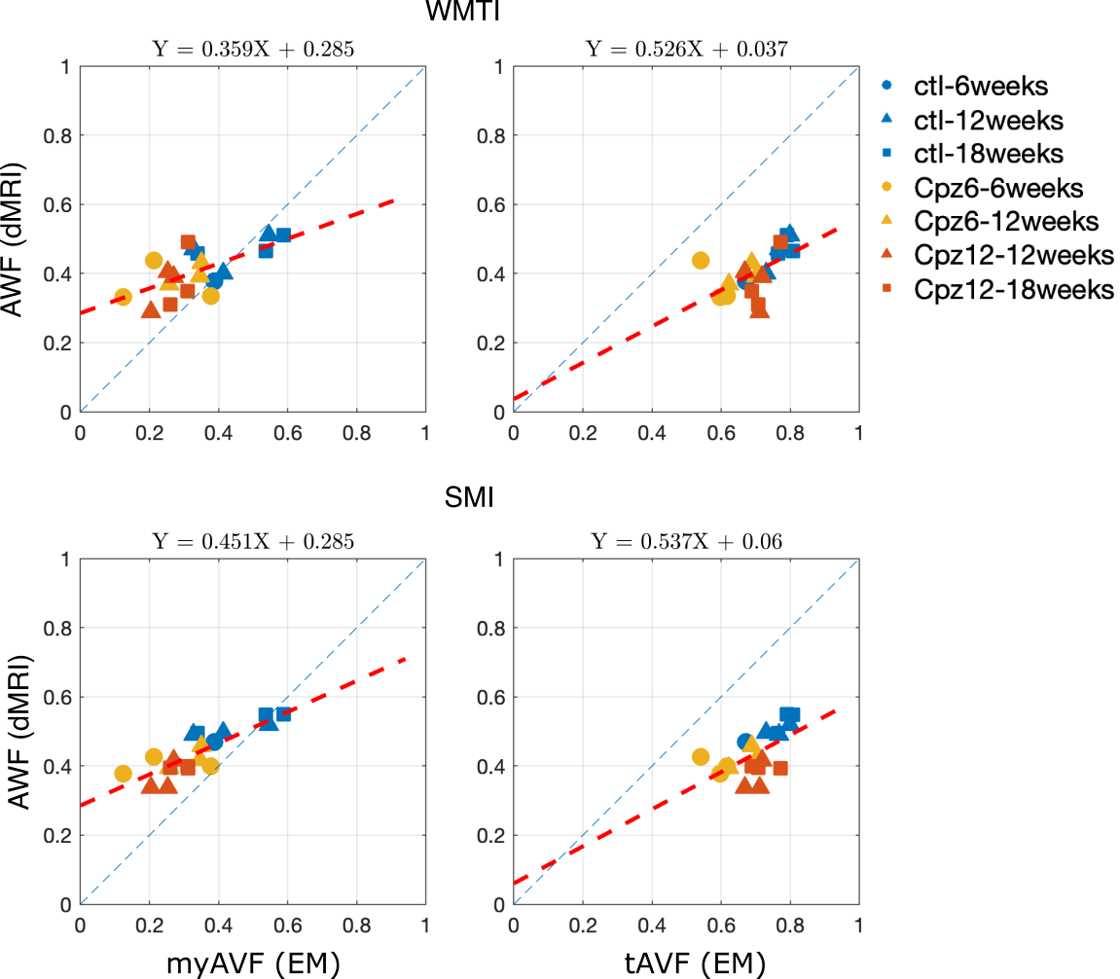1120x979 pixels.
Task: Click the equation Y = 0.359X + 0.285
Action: (253, 50)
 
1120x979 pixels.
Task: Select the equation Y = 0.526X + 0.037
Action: (686, 50)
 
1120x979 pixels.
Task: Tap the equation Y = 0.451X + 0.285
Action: (253, 542)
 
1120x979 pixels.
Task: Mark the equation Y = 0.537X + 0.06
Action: (686, 542)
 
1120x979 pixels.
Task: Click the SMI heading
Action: (469, 497)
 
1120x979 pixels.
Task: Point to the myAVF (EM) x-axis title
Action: (253, 963)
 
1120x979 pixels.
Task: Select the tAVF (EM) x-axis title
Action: (695, 963)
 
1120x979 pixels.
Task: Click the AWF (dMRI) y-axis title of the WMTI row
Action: (14, 240)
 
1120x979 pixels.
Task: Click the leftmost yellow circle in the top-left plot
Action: (123, 297)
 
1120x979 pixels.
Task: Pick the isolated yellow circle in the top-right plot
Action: (701, 260)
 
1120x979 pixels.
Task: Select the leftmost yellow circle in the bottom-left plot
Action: (123, 774)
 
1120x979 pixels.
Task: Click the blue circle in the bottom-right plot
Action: (745, 742)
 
